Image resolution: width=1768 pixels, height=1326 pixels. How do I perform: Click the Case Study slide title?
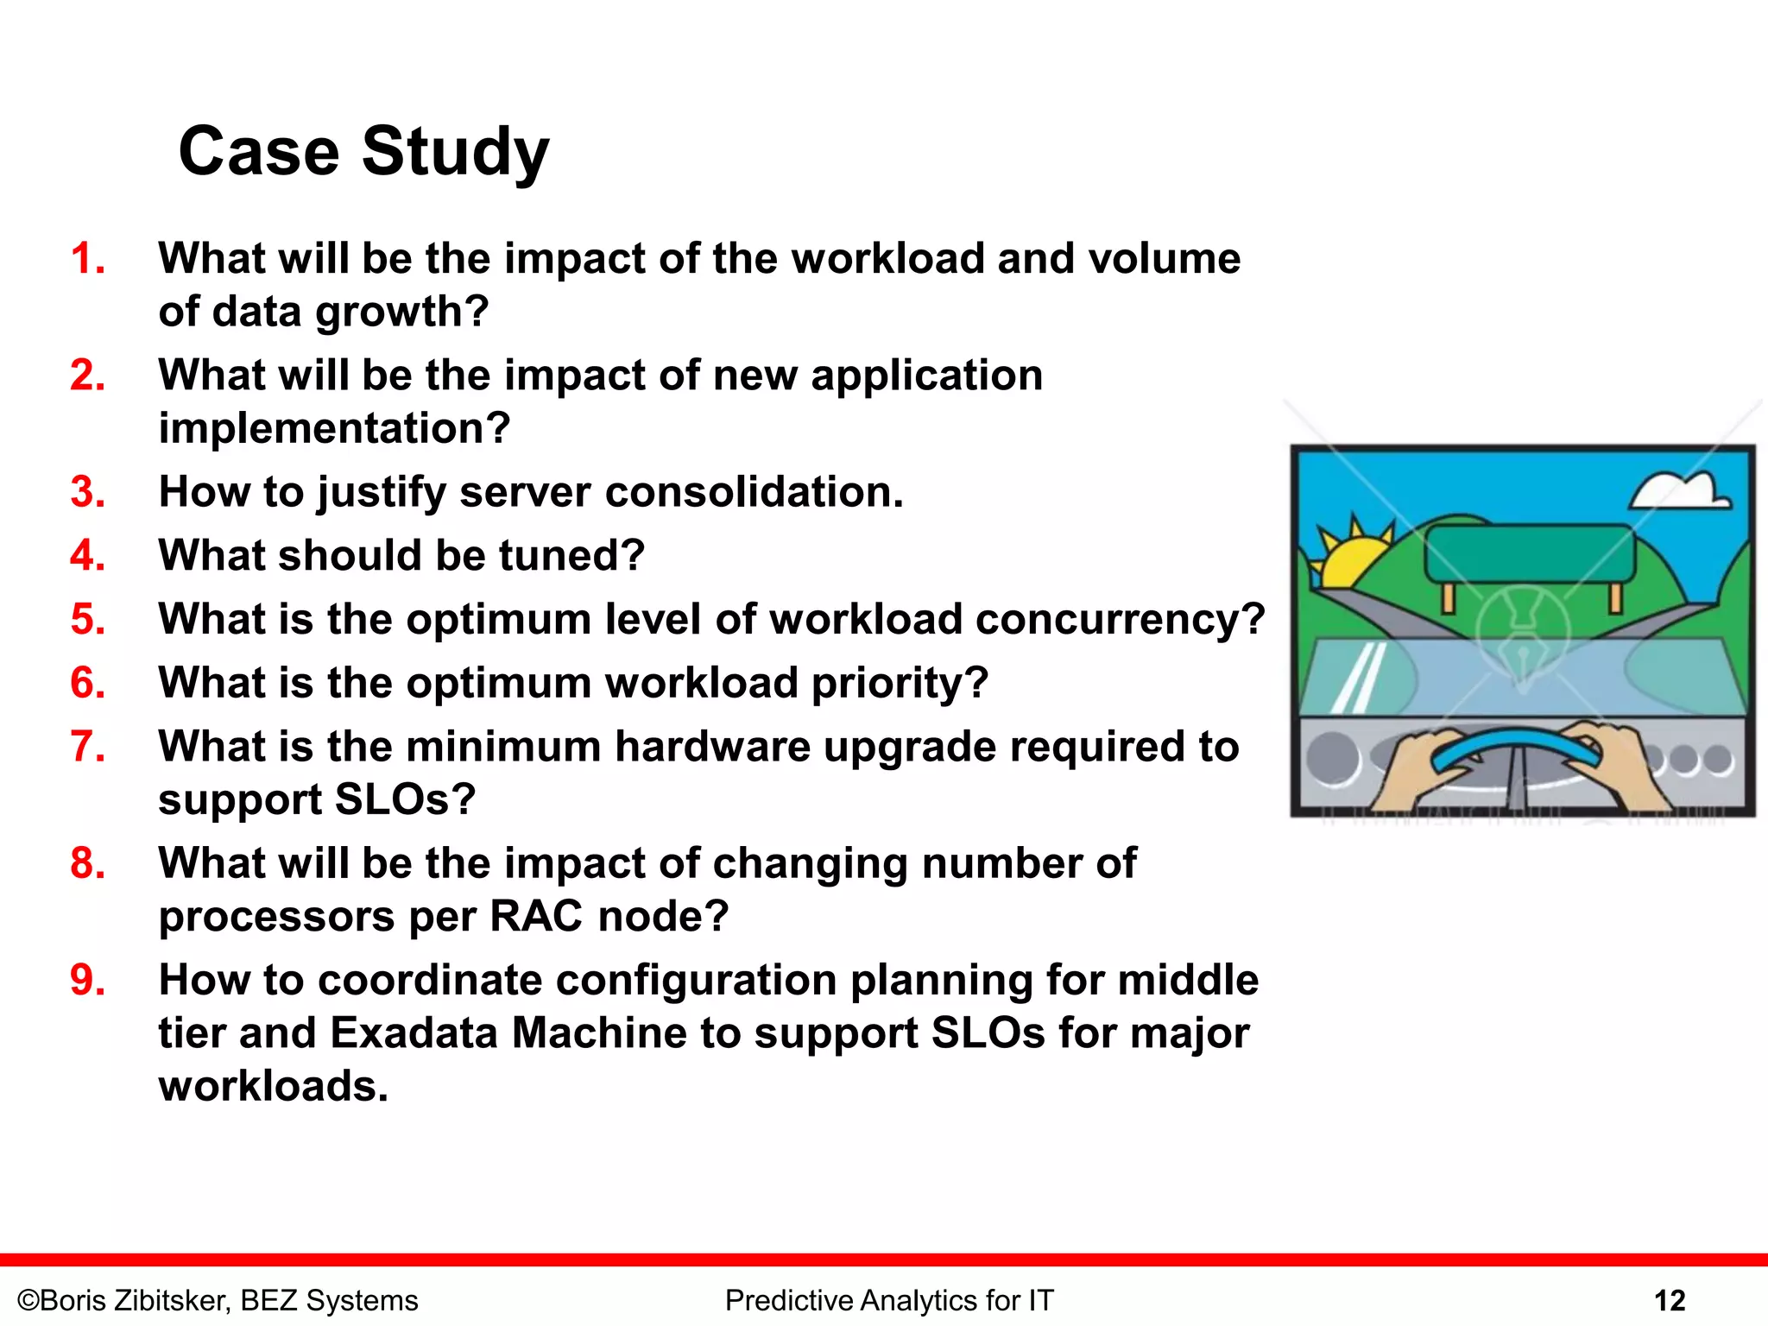tap(363, 151)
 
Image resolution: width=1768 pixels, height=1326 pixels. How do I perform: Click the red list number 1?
tap(87, 258)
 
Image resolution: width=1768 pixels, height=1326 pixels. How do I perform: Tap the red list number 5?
tap(87, 619)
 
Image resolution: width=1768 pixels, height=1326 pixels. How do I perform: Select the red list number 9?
tap(87, 980)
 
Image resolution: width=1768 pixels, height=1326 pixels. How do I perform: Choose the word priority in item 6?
tap(899, 683)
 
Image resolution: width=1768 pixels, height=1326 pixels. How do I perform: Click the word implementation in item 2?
tap(334, 428)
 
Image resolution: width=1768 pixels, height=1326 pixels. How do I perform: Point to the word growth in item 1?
tap(402, 313)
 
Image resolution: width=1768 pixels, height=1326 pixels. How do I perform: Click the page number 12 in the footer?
tap(1670, 1300)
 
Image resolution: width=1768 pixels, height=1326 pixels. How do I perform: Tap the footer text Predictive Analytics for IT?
tap(889, 1300)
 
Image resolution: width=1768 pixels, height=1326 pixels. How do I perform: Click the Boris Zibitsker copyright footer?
tap(218, 1300)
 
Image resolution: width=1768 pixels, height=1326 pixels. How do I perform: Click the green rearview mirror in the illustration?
tap(1528, 553)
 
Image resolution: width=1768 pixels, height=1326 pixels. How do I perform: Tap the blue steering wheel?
tap(1516, 748)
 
